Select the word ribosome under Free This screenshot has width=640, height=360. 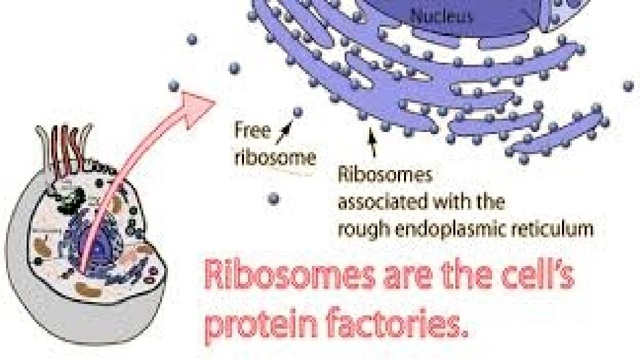tap(274, 157)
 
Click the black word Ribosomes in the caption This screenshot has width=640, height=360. tap(385, 175)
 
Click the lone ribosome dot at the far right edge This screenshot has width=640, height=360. tap(628, 85)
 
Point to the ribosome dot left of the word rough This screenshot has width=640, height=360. tap(273, 198)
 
